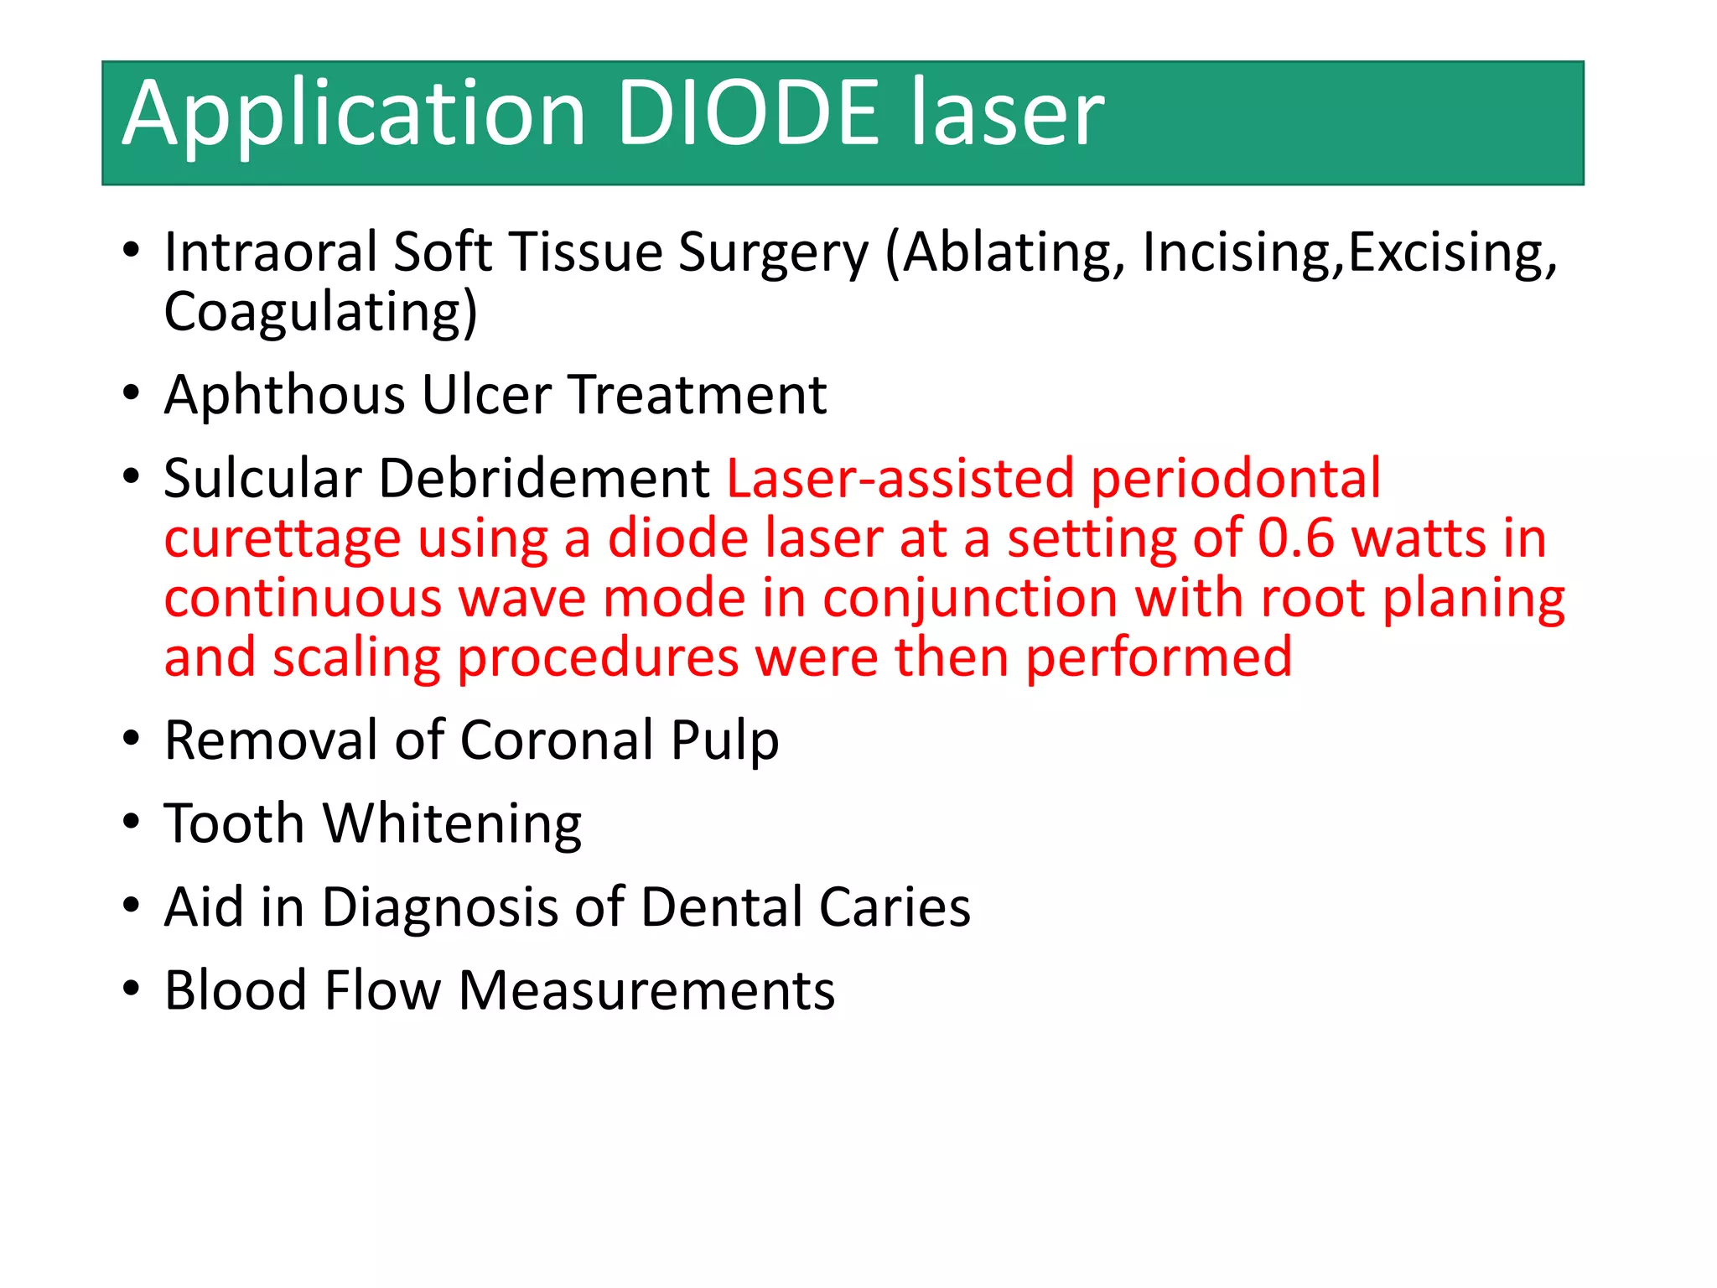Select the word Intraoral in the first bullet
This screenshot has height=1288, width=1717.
tap(271, 252)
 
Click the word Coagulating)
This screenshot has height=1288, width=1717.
tap(321, 313)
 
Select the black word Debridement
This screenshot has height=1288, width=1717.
tap(544, 478)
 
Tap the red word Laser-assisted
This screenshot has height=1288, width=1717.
tap(900, 478)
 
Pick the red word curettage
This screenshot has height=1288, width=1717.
tap(283, 539)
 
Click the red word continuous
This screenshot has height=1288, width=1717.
tap(303, 598)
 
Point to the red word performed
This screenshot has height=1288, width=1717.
tap(1159, 657)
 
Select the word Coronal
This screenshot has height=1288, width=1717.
tap(557, 740)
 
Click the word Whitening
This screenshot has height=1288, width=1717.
tap(453, 824)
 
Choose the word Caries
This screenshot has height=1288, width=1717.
tap(895, 907)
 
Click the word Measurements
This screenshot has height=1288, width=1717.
tap(646, 990)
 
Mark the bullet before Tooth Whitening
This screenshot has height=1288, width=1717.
tap(131, 822)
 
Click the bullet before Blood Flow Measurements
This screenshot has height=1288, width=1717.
tap(131, 989)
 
